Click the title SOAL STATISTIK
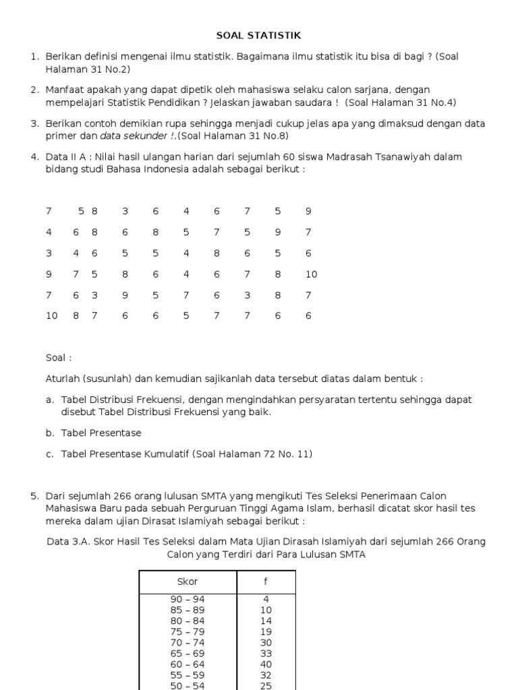pyautogui.click(x=258, y=35)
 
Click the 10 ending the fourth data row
pyautogui.click(x=311, y=274)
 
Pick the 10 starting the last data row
pyautogui.click(x=52, y=315)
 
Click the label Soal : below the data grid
pyautogui.click(x=59, y=358)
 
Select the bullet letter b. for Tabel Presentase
pyautogui.click(x=50, y=433)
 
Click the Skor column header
pyautogui.click(x=188, y=582)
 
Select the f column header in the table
pyautogui.click(x=266, y=582)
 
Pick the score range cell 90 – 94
pyautogui.click(x=188, y=599)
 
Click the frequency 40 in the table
pyautogui.click(x=266, y=664)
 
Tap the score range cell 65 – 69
pyautogui.click(x=188, y=653)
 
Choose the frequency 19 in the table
pyautogui.click(x=266, y=631)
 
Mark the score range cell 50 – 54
pyautogui.click(x=188, y=685)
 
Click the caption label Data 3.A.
pyautogui.click(x=68, y=542)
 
